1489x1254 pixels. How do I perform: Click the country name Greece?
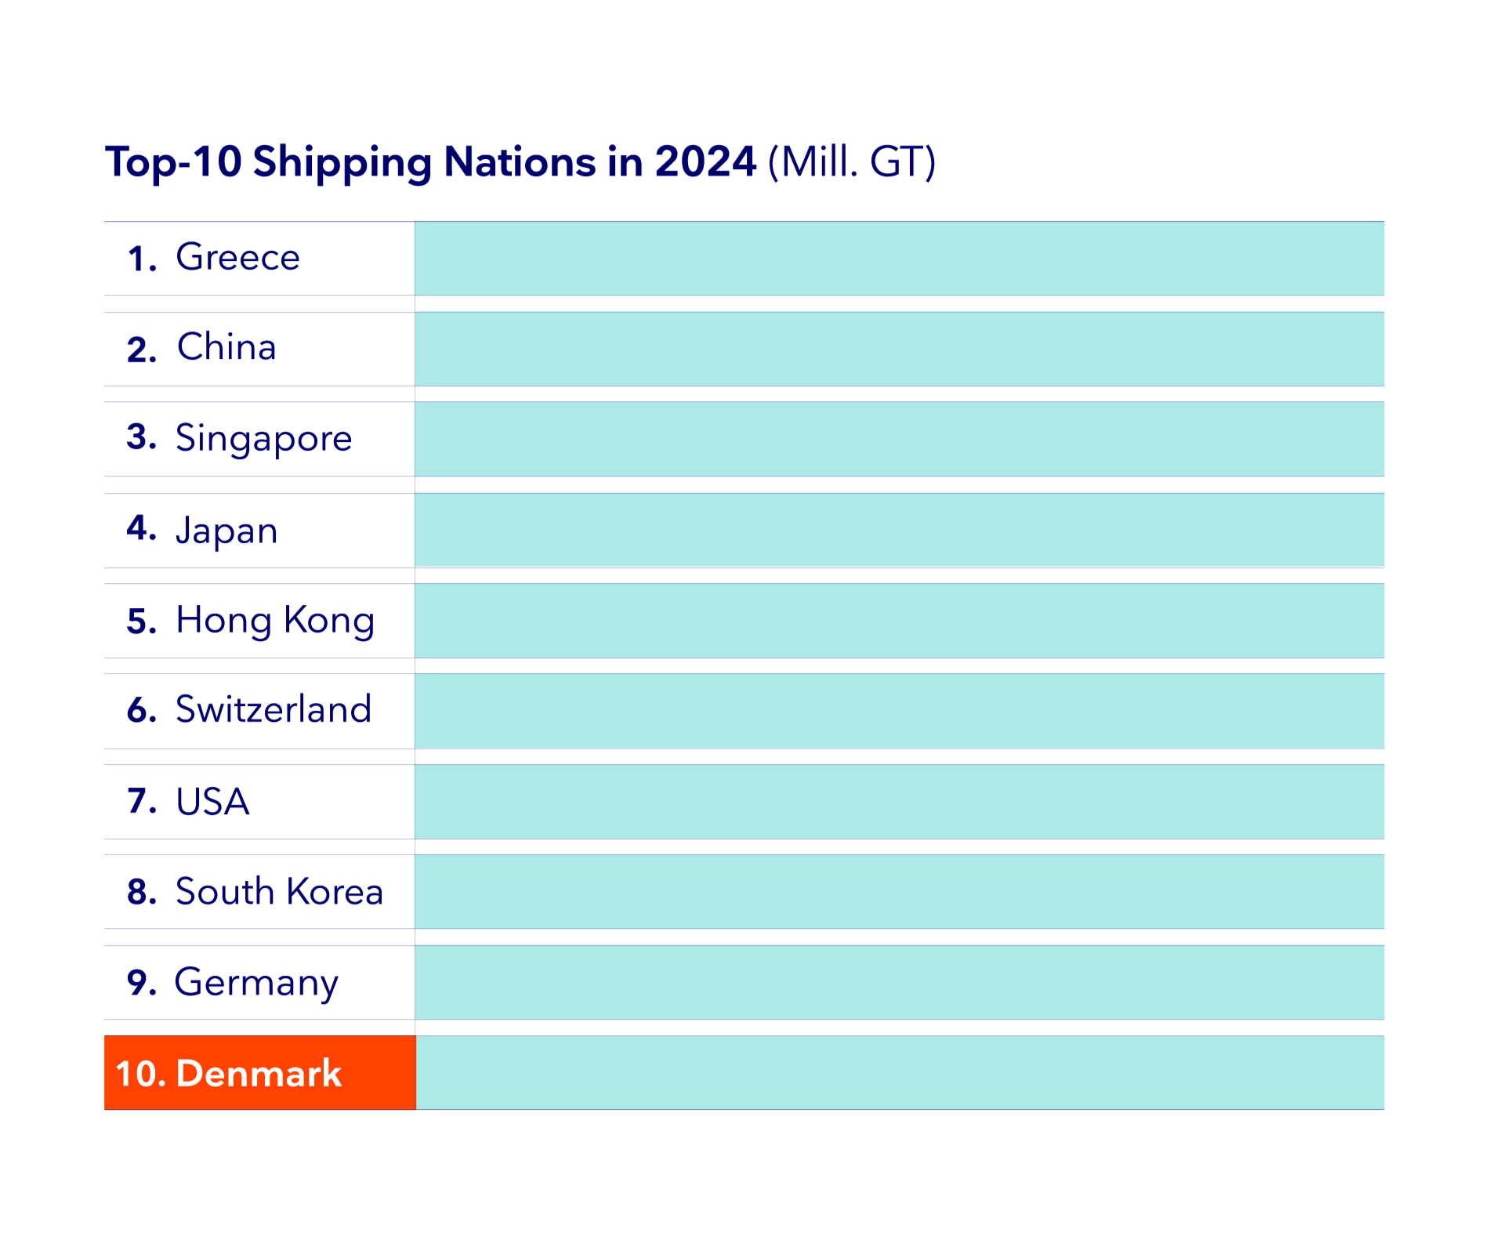[x=237, y=257]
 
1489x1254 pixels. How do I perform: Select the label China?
[x=226, y=347]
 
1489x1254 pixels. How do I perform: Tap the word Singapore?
[x=263, y=438]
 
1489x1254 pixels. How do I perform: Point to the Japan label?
[x=226, y=531]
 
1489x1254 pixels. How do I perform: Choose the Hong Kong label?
[x=275, y=620]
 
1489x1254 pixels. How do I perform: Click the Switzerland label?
[x=274, y=709]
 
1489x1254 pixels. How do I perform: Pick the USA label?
[x=212, y=802]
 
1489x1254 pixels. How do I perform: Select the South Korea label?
[x=279, y=892]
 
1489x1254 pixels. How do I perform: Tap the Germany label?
[x=256, y=983]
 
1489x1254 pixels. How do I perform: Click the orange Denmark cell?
[x=259, y=1073]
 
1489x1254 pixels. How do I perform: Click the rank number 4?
[x=139, y=529]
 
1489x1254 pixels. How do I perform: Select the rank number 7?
[x=140, y=801]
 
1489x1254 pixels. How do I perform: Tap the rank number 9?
[x=139, y=983]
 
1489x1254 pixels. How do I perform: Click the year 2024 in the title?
[x=705, y=161]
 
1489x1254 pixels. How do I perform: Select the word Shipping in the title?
[x=342, y=163]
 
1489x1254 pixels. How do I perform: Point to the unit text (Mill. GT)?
[x=852, y=162]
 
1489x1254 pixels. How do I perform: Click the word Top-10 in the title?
[x=173, y=162]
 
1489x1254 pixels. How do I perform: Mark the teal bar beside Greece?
[x=899, y=259]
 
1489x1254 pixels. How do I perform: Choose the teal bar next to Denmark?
[x=899, y=1073]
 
